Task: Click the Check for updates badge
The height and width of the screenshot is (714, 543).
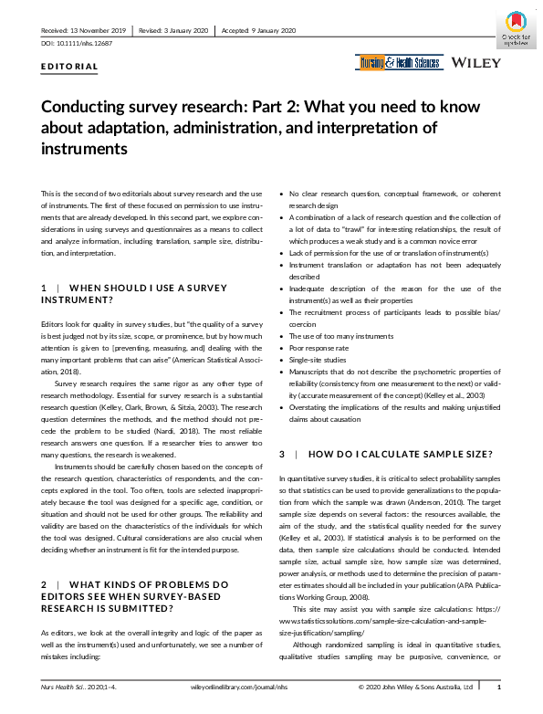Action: pos(516,27)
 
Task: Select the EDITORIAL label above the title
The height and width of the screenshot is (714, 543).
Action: pos(69,67)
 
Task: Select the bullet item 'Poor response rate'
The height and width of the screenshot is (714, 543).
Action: pos(322,348)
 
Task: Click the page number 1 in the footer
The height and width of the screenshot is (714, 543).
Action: pos(497,687)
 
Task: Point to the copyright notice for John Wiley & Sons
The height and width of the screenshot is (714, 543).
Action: pos(415,687)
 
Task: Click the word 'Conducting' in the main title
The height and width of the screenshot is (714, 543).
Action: pos(84,106)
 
